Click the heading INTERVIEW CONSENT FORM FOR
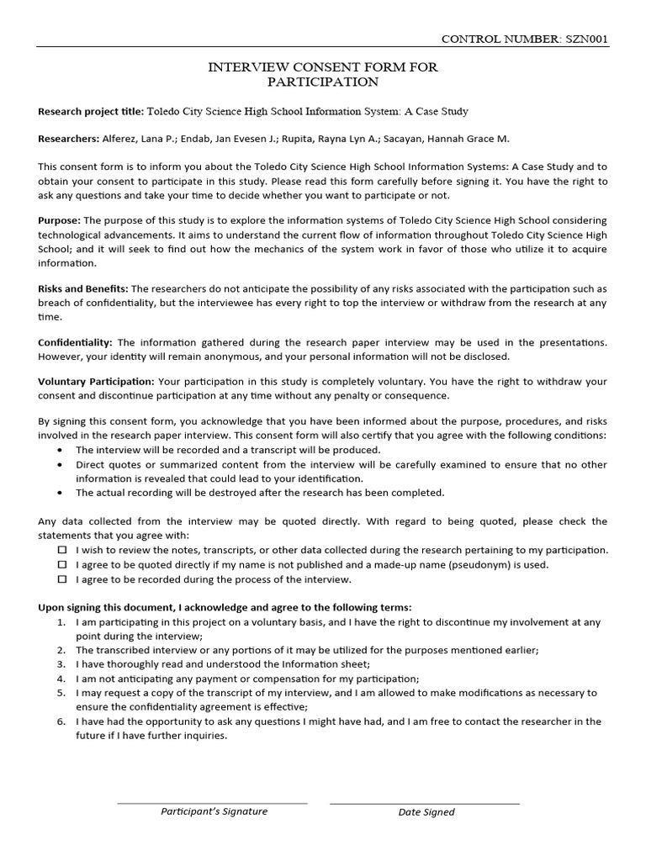pos(323,67)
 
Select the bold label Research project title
pos(91,111)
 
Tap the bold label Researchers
pos(68,139)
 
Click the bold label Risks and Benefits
pos(82,288)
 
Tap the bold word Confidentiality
pos(75,342)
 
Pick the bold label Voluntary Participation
pos(95,381)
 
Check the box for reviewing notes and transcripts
pos(62,550)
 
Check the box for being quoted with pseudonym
pos(62,565)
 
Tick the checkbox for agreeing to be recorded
pos(62,579)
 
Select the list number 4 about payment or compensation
pos(61,678)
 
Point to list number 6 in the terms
pos(61,721)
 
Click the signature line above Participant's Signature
pos(212,803)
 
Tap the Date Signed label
pos(426,812)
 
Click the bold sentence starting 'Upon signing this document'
pos(225,607)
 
